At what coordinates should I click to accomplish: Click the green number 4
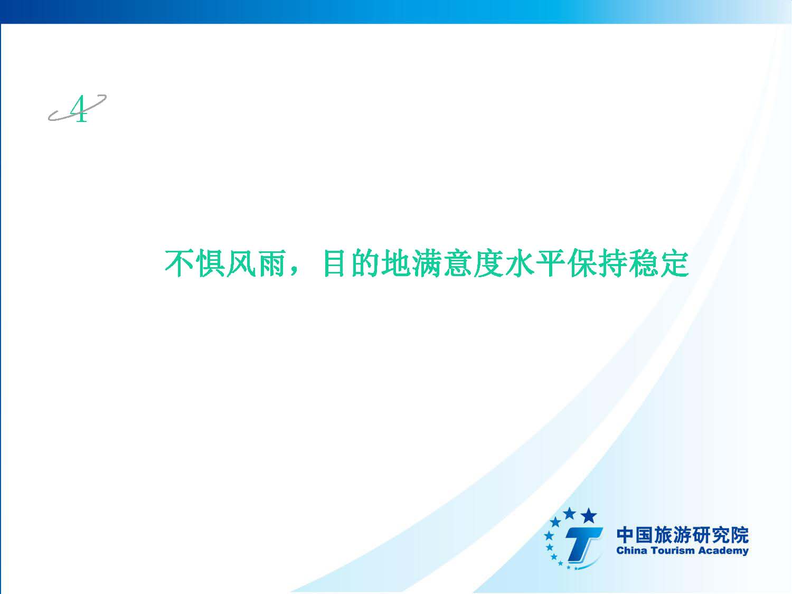(x=79, y=109)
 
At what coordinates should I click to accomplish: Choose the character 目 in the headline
(x=334, y=263)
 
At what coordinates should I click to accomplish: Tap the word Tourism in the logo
(x=673, y=551)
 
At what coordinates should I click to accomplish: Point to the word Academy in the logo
(x=723, y=551)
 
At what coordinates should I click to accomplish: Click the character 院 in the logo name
(x=739, y=535)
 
